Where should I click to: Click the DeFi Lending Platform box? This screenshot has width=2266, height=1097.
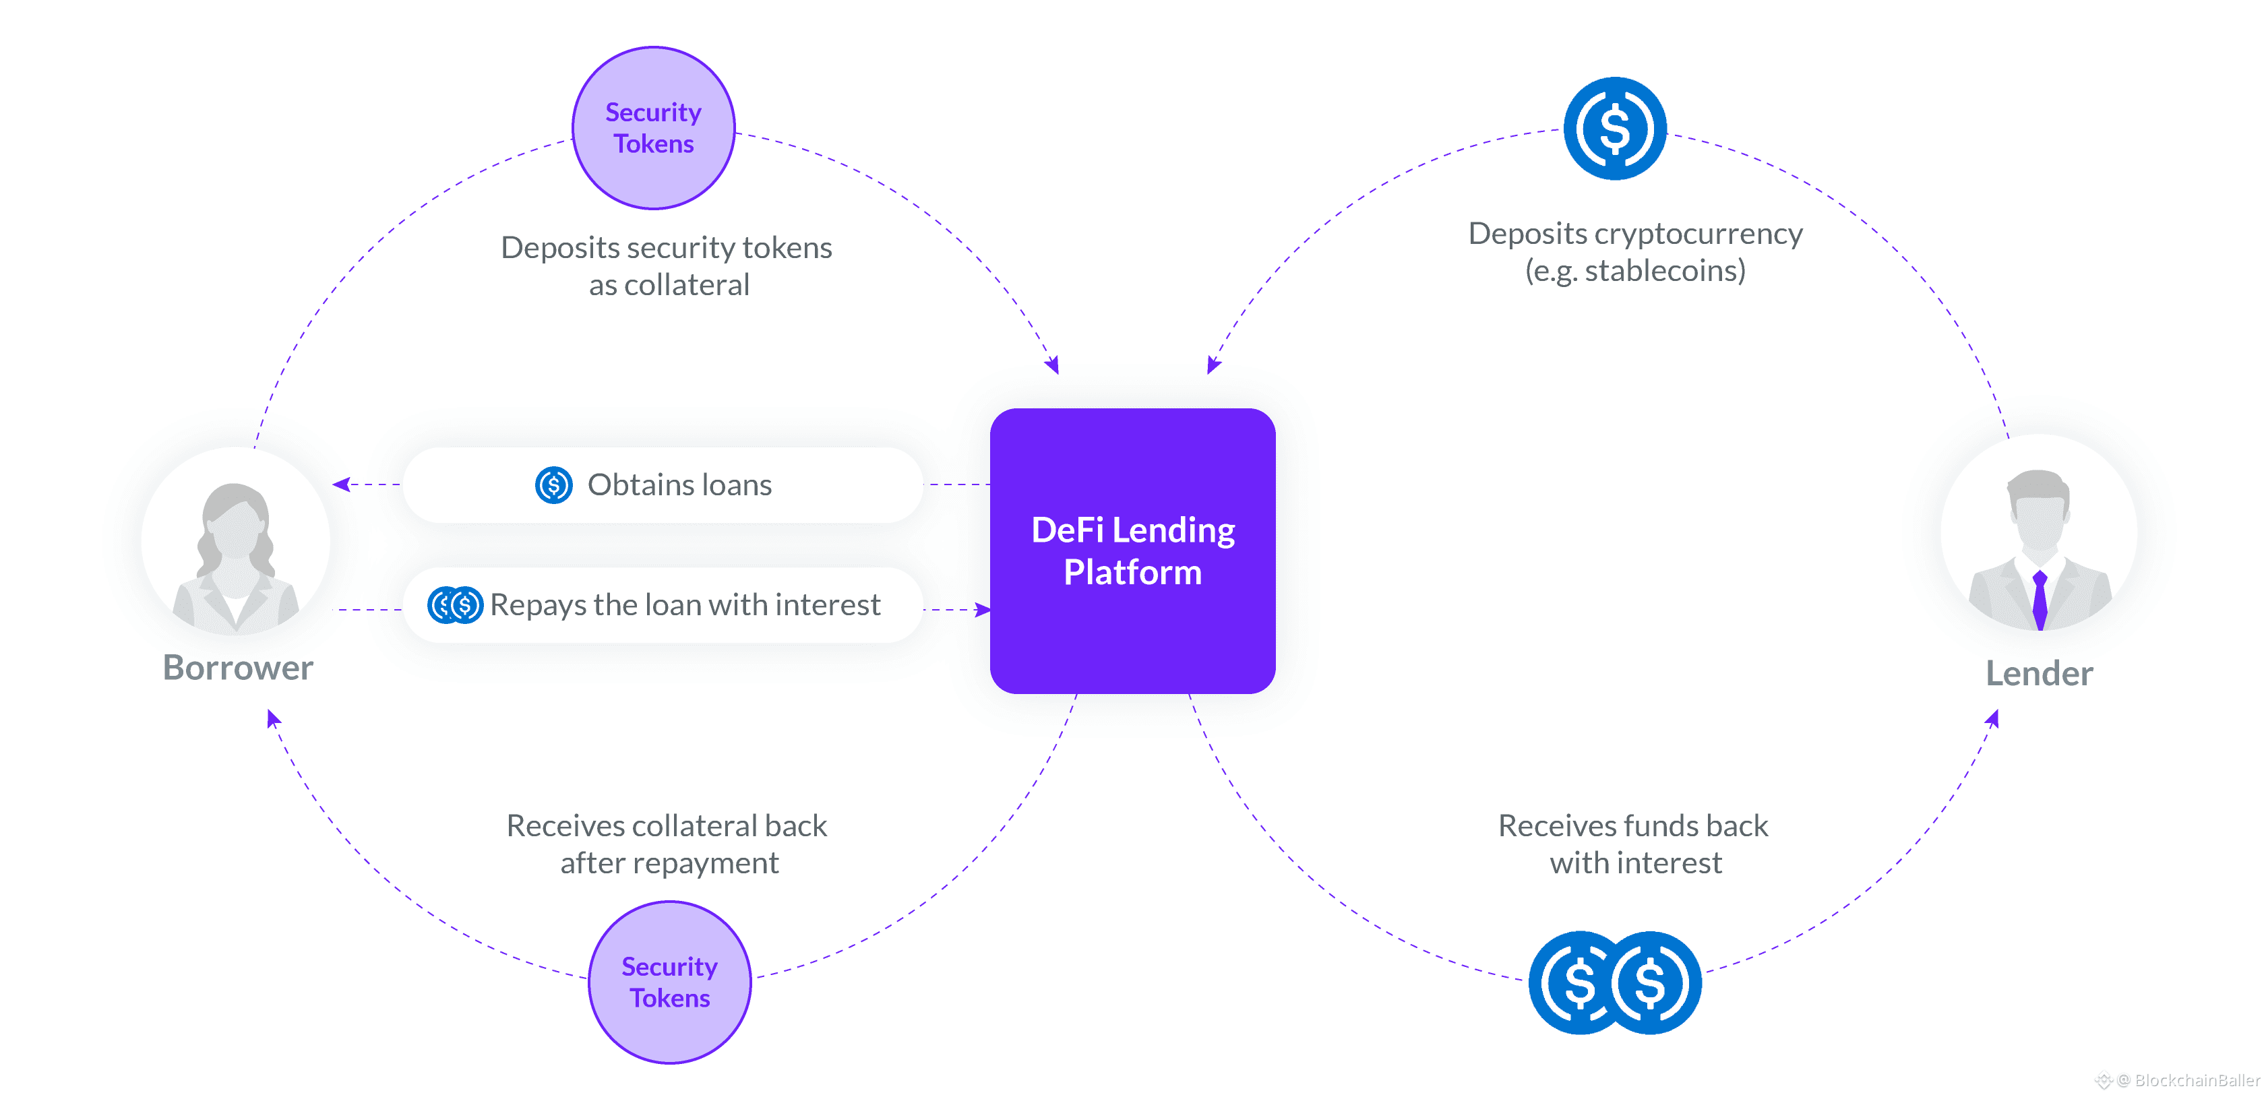click(1132, 551)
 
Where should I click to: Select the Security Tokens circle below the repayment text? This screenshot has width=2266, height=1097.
click(669, 982)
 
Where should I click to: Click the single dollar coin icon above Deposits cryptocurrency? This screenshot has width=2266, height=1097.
click(1614, 129)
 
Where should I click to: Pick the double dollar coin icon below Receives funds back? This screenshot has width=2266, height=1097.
click(1615, 982)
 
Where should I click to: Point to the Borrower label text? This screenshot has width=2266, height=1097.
click(237, 668)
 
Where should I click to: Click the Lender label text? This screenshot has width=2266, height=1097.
click(2039, 674)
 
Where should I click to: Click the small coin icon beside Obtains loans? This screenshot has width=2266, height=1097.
click(554, 484)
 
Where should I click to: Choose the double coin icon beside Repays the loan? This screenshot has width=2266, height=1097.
click(455, 605)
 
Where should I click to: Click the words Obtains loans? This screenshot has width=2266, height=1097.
click(679, 484)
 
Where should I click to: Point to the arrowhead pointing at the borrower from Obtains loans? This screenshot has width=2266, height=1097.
click(341, 484)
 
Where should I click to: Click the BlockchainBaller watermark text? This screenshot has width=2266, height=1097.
click(2196, 1080)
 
